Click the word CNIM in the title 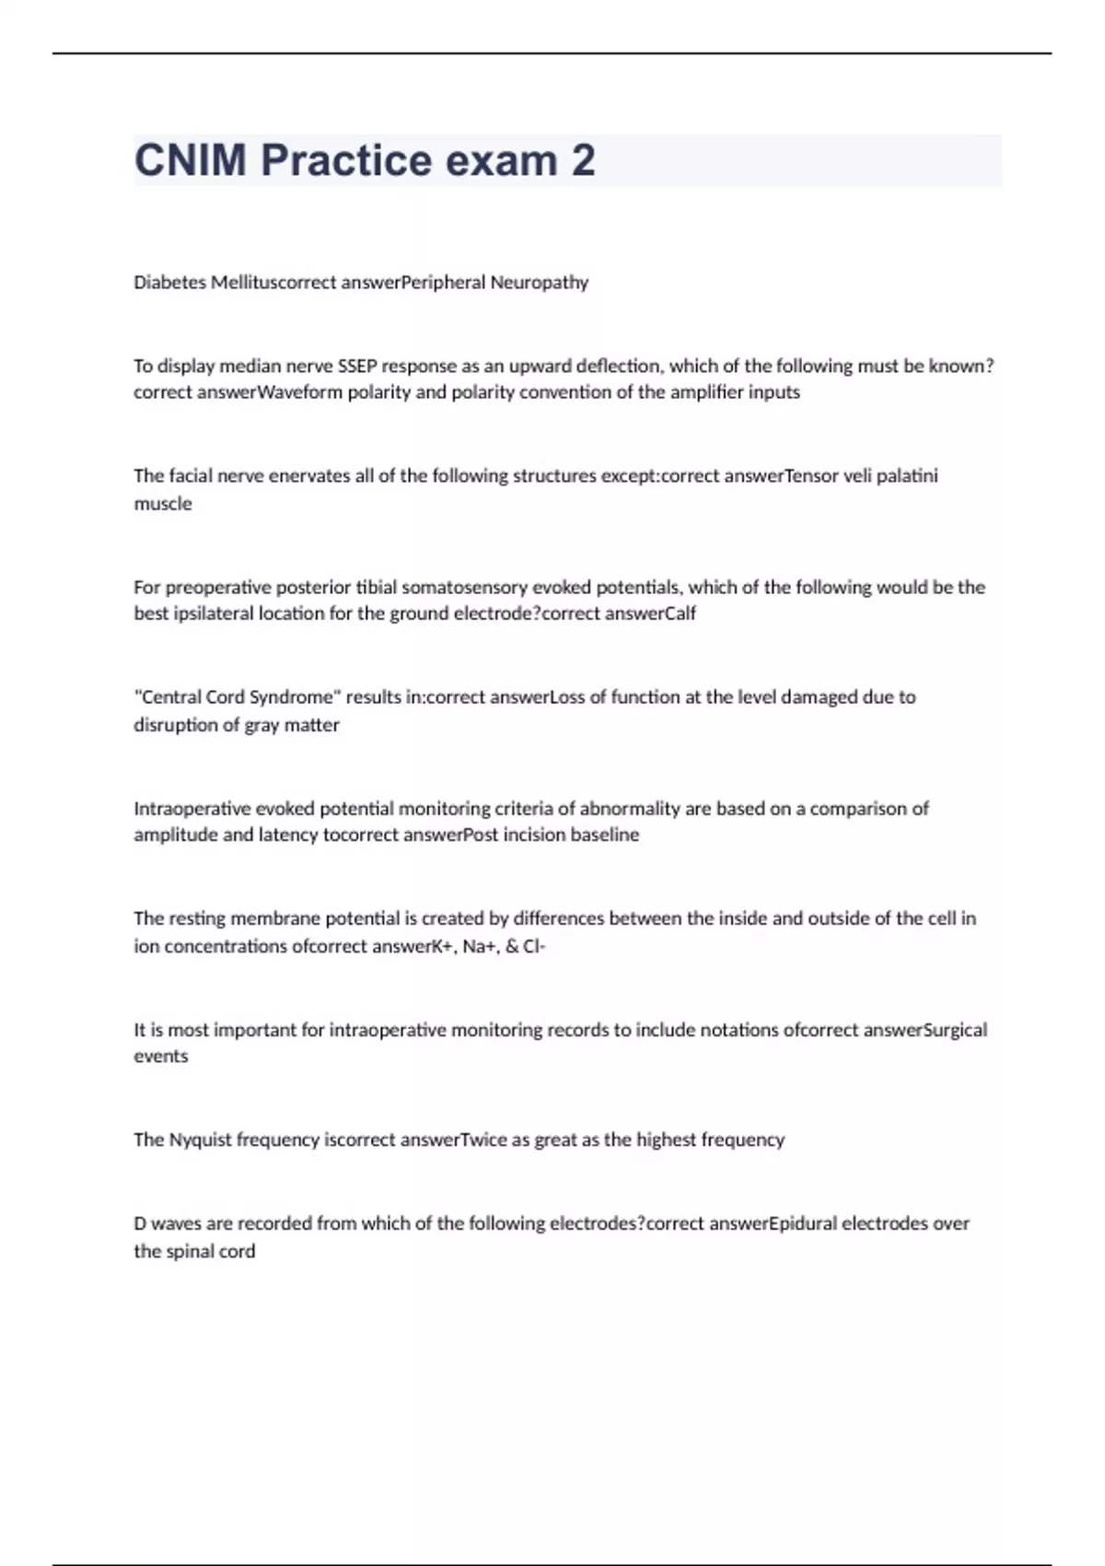pos(191,160)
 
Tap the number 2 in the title pos(583,160)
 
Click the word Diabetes pos(170,283)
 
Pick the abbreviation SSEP pos(358,366)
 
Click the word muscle pos(163,504)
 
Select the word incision pos(533,836)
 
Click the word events pos(161,1057)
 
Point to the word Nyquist pos(200,1140)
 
